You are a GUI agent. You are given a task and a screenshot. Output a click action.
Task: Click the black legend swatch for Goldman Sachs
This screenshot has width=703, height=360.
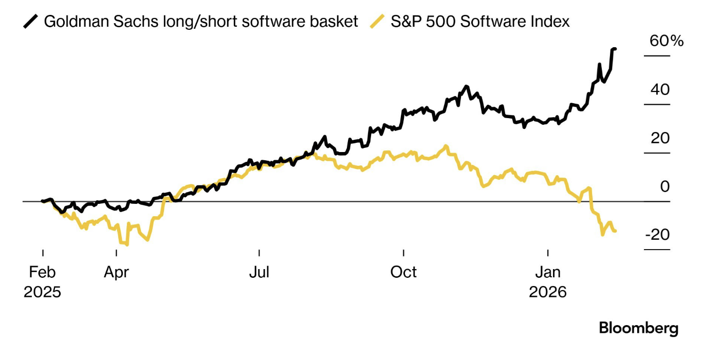coord(31,22)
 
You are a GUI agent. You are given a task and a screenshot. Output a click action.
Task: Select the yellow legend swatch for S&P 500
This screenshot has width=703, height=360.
coord(377,22)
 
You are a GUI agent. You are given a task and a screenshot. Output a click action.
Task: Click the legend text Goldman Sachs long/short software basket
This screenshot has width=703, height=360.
coord(201,22)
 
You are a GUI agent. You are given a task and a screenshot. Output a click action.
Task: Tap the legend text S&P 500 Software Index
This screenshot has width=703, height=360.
coord(480,22)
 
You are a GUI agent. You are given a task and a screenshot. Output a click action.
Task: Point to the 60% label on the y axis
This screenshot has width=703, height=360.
coord(667,41)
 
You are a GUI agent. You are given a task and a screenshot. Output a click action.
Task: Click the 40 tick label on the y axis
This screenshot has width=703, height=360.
coord(660,90)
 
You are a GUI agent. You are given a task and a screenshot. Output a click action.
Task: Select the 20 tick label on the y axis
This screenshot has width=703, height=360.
coord(660,138)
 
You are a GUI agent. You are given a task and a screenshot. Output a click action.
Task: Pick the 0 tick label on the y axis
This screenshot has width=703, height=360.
coord(665,186)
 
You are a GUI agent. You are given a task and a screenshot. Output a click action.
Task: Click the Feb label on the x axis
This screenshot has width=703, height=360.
coord(42,272)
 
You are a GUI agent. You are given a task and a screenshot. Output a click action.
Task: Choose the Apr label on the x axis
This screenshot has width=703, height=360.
coord(116,272)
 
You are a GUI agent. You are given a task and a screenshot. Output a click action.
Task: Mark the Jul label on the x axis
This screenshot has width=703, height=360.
coord(259,272)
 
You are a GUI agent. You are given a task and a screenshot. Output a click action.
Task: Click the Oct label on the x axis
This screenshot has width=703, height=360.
coord(403,272)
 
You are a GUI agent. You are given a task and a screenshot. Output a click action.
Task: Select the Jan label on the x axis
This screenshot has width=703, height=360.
coord(548,272)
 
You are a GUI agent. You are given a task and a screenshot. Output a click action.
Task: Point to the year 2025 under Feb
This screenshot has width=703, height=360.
coord(42,292)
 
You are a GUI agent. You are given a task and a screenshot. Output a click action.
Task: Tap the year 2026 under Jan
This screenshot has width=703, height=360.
coord(548,292)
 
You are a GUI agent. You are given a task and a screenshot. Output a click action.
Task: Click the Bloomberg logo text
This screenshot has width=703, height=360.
coord(638,328)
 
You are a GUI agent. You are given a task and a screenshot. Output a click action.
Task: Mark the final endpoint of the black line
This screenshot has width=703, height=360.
coord(615,49)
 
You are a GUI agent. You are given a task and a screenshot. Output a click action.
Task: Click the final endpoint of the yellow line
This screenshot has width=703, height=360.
coord(615,231)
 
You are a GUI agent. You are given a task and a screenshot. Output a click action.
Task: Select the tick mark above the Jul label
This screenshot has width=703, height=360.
coord(259,252)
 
